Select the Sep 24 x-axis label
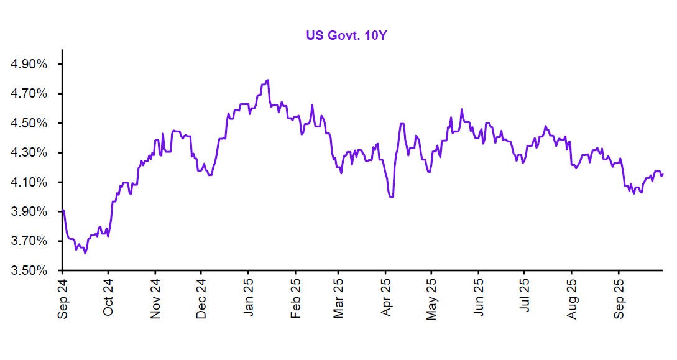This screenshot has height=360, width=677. coord(62,298)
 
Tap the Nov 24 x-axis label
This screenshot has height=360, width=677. coord(155,298)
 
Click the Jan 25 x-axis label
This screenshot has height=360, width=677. coord(249,298)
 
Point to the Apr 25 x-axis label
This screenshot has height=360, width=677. coord(385,298)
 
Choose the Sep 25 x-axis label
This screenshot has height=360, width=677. coord(618,298)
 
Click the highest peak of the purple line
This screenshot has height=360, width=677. coord(267,80)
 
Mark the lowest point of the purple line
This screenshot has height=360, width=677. coord(85,253)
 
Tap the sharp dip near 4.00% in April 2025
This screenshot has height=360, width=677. coord(391,196)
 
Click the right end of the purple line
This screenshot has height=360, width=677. coord(662,175)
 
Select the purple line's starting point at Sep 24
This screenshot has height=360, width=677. coord(63,210)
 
